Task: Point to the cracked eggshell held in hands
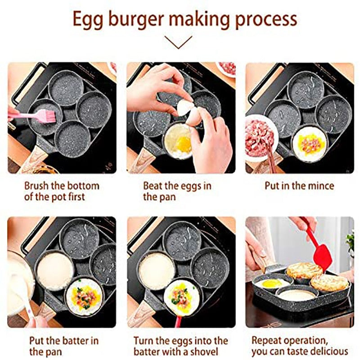pyautogui.click(x=185, y=108)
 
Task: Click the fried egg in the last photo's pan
pyautogui.click(x=270, y=283)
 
